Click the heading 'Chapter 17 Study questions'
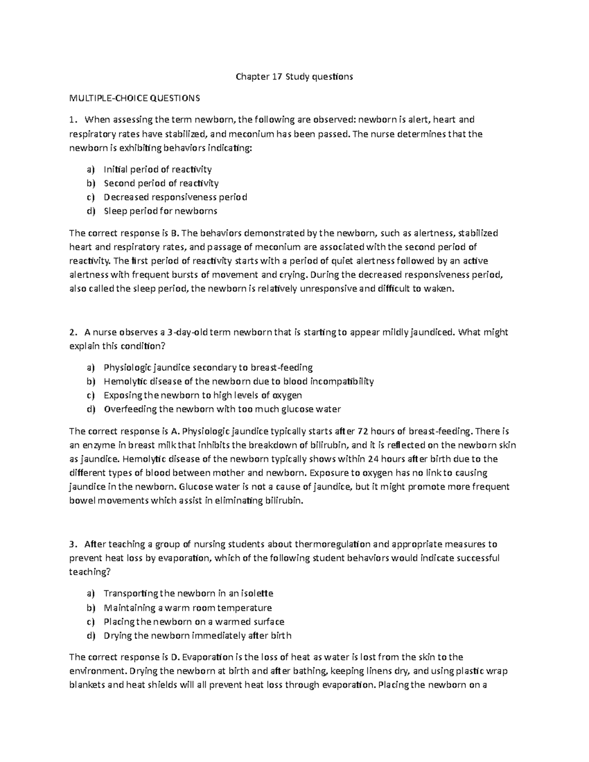point(294,77)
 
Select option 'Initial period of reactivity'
point(158,169)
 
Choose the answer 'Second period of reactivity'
point(161,183)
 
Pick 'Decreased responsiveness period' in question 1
point(175,197)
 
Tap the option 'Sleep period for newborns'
point(160,211)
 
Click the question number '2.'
point(73,332)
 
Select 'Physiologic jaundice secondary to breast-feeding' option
point(208,368)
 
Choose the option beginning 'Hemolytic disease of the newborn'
point(239,381)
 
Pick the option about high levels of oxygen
point(203,395)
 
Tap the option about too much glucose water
point(222,409)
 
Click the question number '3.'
point(73,544)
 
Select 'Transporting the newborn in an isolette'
point(188,594)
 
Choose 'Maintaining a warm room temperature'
point(187,608)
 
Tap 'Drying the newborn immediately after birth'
point(197,635)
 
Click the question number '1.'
point(73,120)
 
